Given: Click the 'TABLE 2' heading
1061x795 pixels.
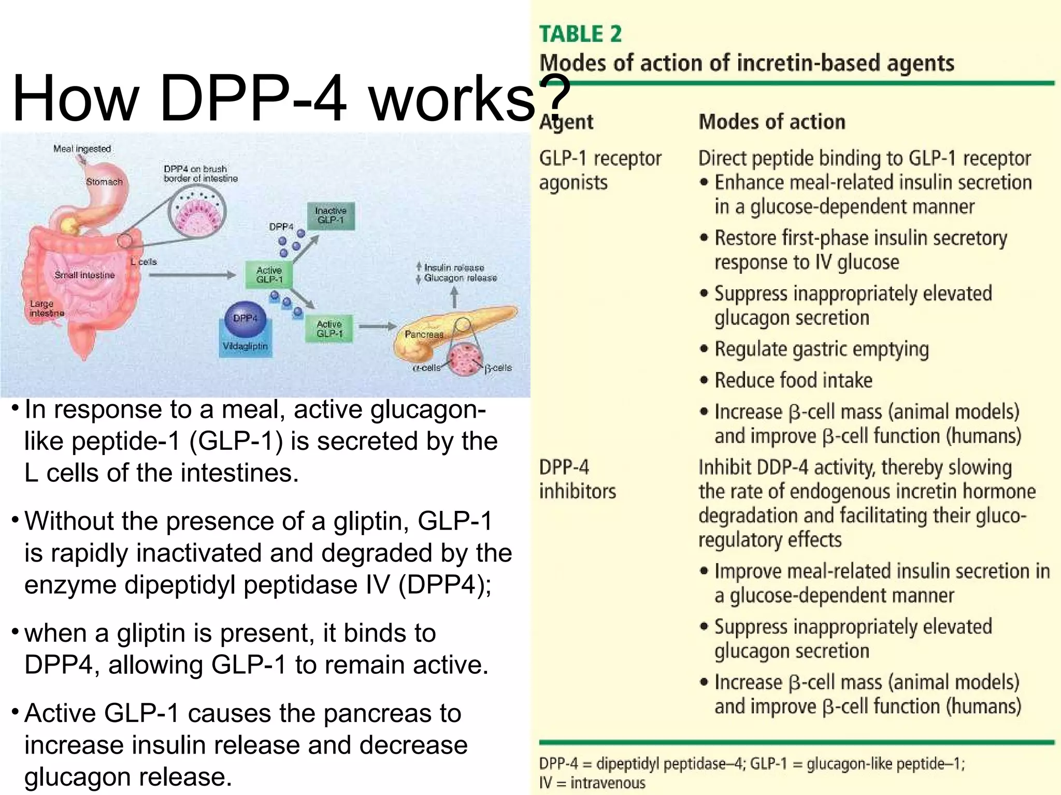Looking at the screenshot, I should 580,34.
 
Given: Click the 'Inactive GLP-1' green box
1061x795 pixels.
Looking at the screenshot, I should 331,215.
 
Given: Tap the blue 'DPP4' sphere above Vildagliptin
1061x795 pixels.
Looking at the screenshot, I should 245,318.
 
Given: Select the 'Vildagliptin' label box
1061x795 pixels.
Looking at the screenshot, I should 245,346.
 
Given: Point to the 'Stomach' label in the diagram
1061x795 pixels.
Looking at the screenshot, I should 104,182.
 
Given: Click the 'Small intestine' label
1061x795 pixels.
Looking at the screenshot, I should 84,275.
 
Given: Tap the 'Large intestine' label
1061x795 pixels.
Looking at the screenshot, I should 47,308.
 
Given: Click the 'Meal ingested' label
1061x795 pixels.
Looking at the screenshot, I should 82,149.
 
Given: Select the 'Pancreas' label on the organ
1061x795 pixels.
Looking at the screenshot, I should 424,334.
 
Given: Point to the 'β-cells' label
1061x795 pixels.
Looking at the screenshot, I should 498,368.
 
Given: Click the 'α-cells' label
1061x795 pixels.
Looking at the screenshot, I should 426,368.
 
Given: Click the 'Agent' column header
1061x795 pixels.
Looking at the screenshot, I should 566,122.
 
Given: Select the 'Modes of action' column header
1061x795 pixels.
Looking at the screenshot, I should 771,122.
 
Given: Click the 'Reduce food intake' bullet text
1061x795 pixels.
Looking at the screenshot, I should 793,380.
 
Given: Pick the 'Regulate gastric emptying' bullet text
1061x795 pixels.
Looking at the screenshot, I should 821,349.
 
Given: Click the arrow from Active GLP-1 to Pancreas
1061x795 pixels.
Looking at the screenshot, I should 377,327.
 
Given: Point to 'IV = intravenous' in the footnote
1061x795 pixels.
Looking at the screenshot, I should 592,783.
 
